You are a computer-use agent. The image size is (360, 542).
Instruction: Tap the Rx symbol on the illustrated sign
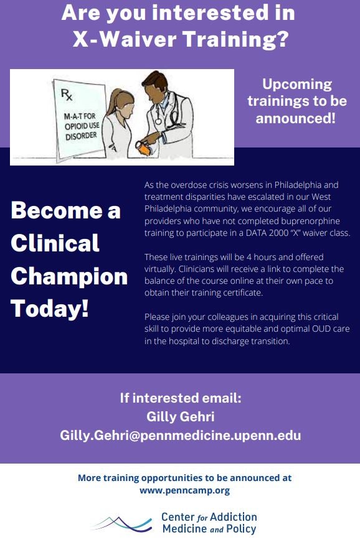tap(65, 95)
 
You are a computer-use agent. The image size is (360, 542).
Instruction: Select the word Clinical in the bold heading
tap(55, 243)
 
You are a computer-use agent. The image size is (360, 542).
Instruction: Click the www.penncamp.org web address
tap(184, 490)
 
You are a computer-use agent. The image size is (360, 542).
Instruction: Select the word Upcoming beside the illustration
tap(297, 84)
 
